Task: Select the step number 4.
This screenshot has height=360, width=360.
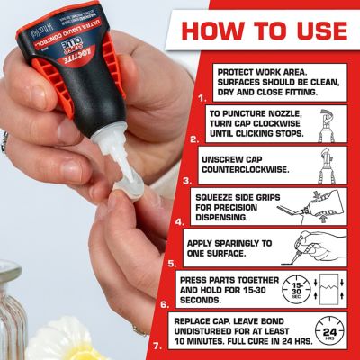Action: coord(180,220)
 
